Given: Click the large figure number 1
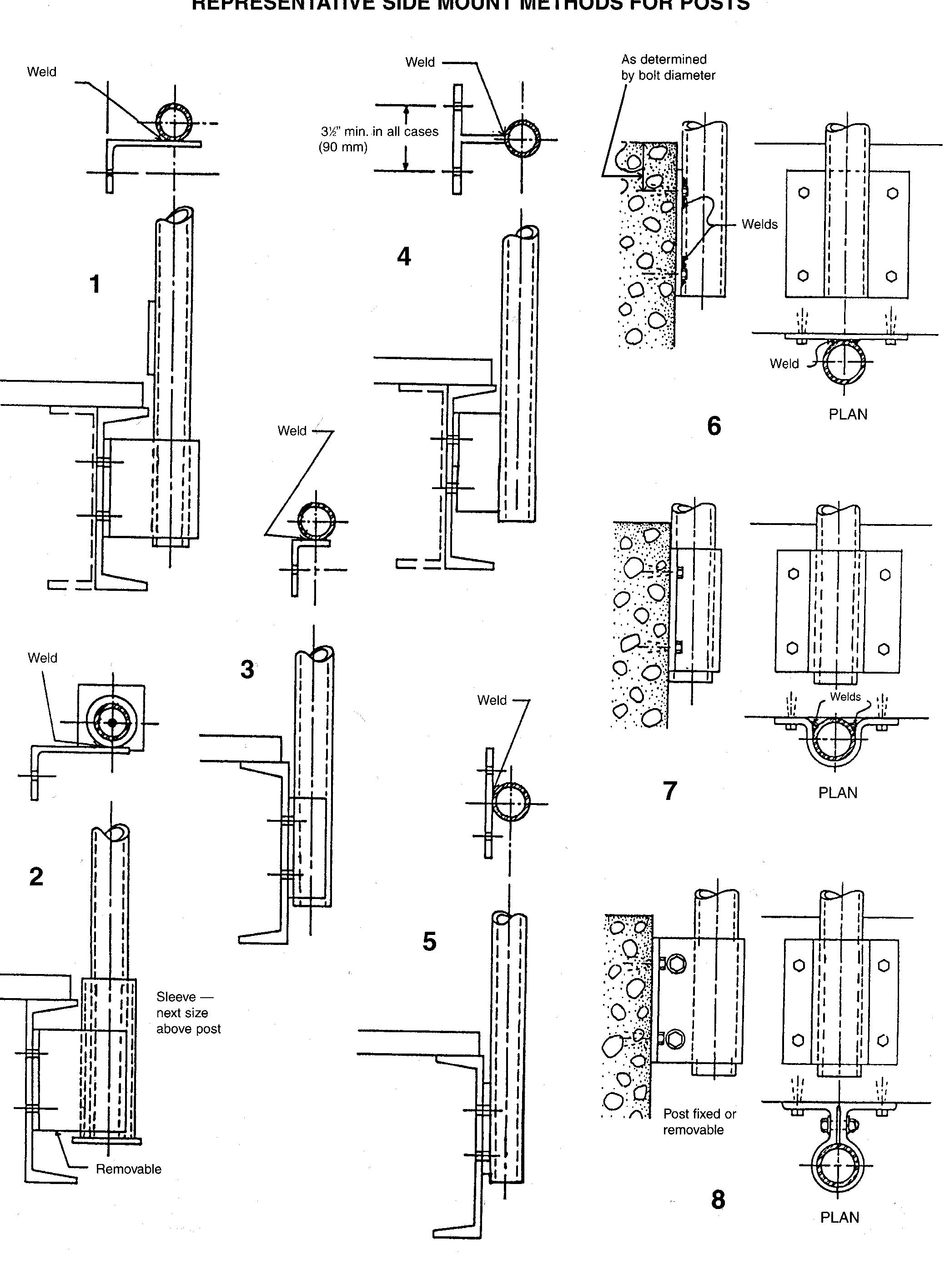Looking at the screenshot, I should (95, 284).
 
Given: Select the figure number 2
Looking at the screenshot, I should (36, 877).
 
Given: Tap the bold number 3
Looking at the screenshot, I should (247, 670).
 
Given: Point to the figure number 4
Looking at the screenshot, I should (404, 257).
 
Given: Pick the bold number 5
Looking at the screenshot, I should (429, 941).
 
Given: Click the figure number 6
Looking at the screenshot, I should (714, 426).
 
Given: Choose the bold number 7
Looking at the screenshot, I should (670, 791).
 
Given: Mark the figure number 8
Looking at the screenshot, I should (718, 1200).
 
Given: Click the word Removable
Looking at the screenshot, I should (128, 1169).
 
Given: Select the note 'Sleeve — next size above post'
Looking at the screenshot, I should (188, 1013).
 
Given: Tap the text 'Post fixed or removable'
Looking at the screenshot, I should (699, 1121).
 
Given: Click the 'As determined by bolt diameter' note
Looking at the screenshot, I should (668, 67).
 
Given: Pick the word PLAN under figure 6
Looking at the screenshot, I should (848, 415).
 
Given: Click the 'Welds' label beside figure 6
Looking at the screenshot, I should (759, 224).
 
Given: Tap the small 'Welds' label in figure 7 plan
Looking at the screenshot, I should (845, 697).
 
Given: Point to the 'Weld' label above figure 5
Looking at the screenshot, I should (492, 700).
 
